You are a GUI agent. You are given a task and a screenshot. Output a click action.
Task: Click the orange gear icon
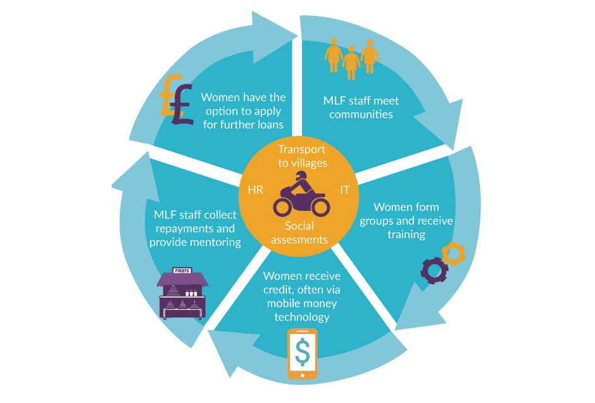click(453, 253)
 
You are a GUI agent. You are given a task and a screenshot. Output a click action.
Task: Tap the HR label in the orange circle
click(254, 190)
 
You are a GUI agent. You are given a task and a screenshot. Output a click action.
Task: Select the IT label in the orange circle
click(345, 190)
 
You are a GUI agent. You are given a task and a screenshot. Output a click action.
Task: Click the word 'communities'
click(361, 115)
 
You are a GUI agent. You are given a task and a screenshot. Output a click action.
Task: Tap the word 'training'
click(406, 234)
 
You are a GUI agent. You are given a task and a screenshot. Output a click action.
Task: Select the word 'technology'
click(302, 316)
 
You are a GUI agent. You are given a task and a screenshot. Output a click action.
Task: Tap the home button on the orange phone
click(303, 375)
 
